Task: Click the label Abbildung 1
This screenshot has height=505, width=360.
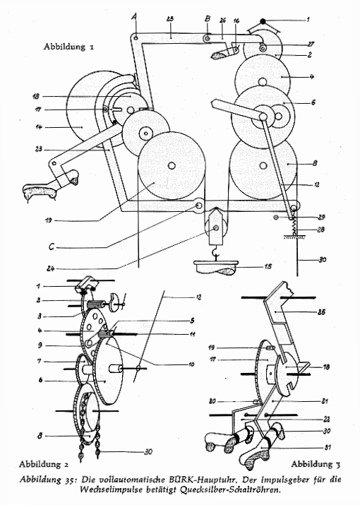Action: click(x=69, y=47)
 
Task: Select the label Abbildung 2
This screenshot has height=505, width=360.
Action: click(x=44, y=464)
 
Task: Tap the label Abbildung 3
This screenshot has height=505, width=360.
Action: click(x=316, y=464)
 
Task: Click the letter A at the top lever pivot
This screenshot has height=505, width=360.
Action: click(x=135, y=17)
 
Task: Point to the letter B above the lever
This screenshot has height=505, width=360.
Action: click(x=208, y=18)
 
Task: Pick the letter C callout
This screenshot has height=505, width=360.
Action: click(x=52, y=246)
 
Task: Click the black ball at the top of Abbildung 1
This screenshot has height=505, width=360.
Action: click(x=263, y=22)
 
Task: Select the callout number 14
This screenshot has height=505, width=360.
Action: click(x=39, y=127)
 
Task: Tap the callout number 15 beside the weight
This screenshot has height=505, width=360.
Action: click(x=268, y=266)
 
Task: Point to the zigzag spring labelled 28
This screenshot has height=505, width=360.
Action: click(x=294, y=225)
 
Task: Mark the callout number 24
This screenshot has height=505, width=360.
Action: click(x=50, y=268)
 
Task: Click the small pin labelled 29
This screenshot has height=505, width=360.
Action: click(x=275, y=218)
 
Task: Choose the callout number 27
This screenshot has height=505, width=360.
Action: click(x=311, y=44)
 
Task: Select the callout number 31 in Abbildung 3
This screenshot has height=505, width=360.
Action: click(x=328, y=447)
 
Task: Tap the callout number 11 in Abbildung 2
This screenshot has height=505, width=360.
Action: click(x=192, y=334)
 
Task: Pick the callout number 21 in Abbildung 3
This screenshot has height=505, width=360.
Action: click(x=325, y=401)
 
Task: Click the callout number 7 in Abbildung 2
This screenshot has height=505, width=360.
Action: click(x=40, y=361)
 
